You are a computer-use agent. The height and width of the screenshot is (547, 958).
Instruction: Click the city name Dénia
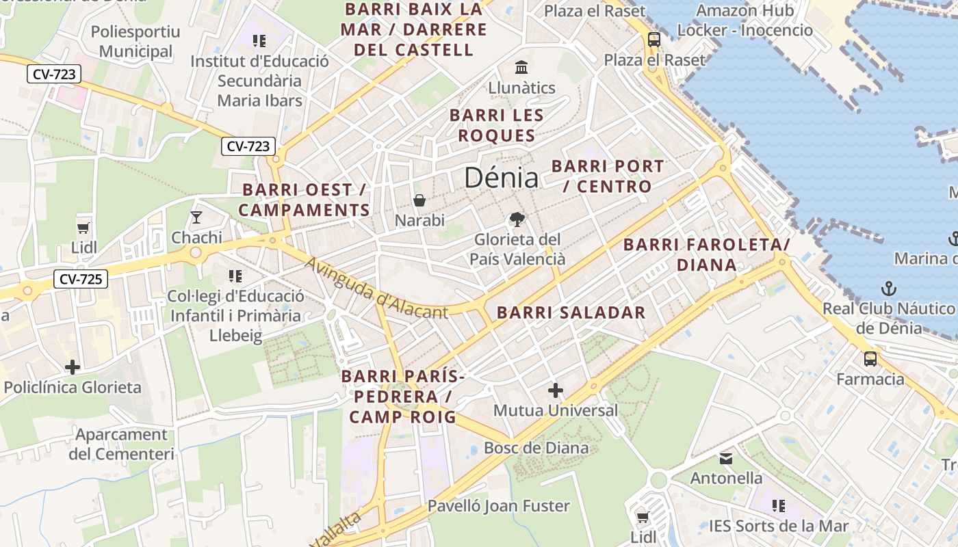(x=502, y=178)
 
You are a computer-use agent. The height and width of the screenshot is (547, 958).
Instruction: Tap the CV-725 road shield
(x=81, y=278)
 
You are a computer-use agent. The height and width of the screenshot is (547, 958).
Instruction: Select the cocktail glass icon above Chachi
(x=196, y=217)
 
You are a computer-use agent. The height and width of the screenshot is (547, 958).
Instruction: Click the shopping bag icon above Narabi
(x=419, y=200)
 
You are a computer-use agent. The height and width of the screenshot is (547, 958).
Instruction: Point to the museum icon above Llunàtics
(x=521, y=68)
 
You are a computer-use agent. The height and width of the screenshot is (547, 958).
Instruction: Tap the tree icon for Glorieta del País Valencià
(x=517, y=219)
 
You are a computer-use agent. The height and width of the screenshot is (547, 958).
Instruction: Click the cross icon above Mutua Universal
(x=556, y=390)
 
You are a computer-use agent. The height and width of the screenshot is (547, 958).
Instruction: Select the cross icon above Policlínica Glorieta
(x=73, y=367)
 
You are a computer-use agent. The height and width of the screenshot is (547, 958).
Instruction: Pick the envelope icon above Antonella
(x=726, y=458)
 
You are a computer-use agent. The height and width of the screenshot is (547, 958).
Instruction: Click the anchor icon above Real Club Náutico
(x=888, y=288)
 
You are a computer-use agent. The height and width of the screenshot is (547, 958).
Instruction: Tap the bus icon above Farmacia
(x=870, y=359)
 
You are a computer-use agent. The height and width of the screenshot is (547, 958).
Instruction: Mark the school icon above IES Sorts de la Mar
(x=778, y=506)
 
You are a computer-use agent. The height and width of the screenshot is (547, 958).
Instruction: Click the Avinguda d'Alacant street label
(x=376, y=289)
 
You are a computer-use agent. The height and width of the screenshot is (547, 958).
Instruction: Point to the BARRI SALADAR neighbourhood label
(x=571, y=312)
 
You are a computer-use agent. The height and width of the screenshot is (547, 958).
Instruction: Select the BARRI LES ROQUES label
(x=497, y=125)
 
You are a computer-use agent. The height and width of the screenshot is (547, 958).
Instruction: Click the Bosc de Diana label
(x=536, y=448)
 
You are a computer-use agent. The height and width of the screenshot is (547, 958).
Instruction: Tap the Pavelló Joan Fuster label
(x=498, y=506)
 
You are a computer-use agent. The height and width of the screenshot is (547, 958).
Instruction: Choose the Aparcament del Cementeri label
(x=121, y=444)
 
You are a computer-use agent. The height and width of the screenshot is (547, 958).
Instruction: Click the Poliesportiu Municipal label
(x=135, y=41)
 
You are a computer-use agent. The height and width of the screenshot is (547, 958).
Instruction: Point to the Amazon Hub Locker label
(x=745, y=21)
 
